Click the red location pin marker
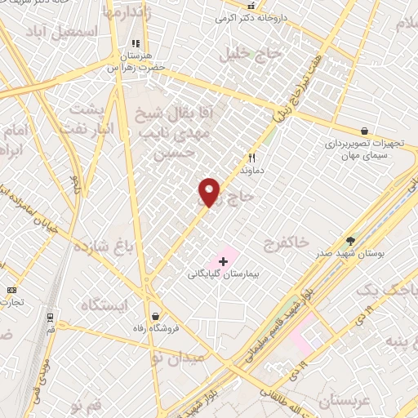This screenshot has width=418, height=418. [210, 191]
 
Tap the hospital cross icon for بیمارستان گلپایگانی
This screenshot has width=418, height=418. [223, 261]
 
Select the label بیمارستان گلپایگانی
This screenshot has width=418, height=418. [222, 276]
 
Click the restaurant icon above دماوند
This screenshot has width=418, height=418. [251, 158]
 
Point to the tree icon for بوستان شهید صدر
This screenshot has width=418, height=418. [351, 241]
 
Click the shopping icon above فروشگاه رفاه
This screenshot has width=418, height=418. [155, 316]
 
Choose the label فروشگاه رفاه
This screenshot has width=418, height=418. [155, 329]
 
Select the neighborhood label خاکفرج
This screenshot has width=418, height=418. [287, 242]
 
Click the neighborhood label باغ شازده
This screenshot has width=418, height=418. [102, 245]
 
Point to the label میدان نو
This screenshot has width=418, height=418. [182, 358]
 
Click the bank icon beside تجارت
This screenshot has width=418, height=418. [11, 290]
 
